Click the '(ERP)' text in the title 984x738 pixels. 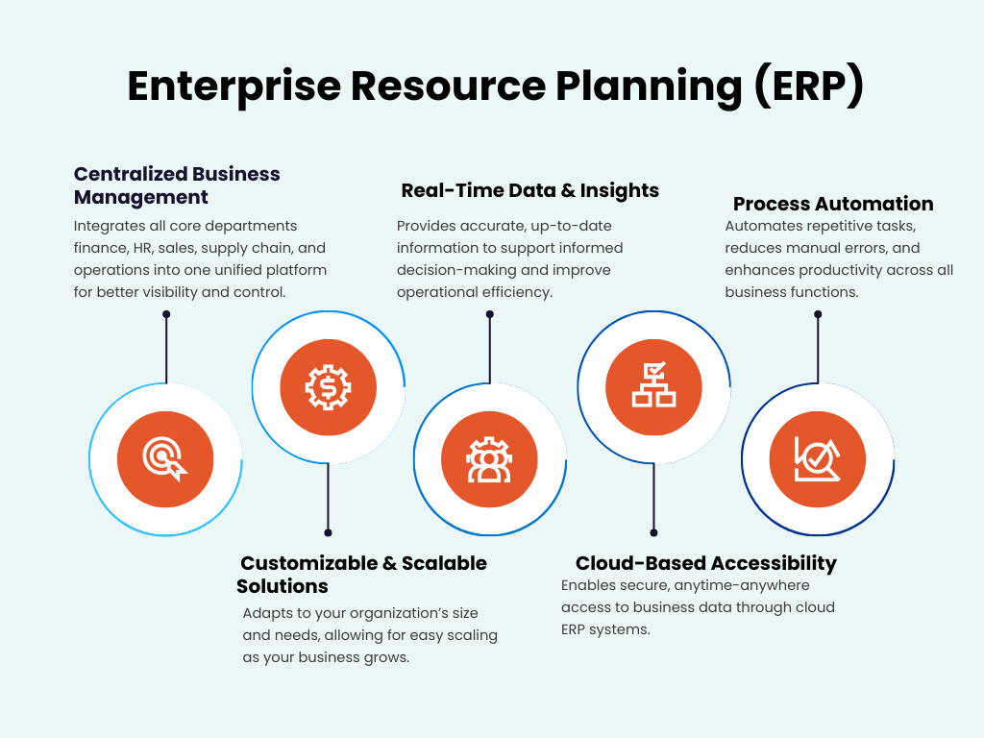807,86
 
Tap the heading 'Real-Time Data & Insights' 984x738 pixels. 529,190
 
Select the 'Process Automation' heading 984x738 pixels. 833,204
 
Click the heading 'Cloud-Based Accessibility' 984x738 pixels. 705,563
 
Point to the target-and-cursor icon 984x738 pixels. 165,459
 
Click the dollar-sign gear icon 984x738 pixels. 329,387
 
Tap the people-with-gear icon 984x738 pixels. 489,459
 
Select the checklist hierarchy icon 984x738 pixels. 653,386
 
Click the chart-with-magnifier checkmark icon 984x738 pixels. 818,459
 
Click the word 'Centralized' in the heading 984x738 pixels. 130,174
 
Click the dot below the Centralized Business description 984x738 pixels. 166,314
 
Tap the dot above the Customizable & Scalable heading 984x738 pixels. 328,532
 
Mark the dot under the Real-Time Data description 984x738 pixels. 490,314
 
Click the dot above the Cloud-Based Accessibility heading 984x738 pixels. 653,532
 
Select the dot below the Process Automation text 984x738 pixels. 818,314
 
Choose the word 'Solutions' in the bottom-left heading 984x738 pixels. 283,586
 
